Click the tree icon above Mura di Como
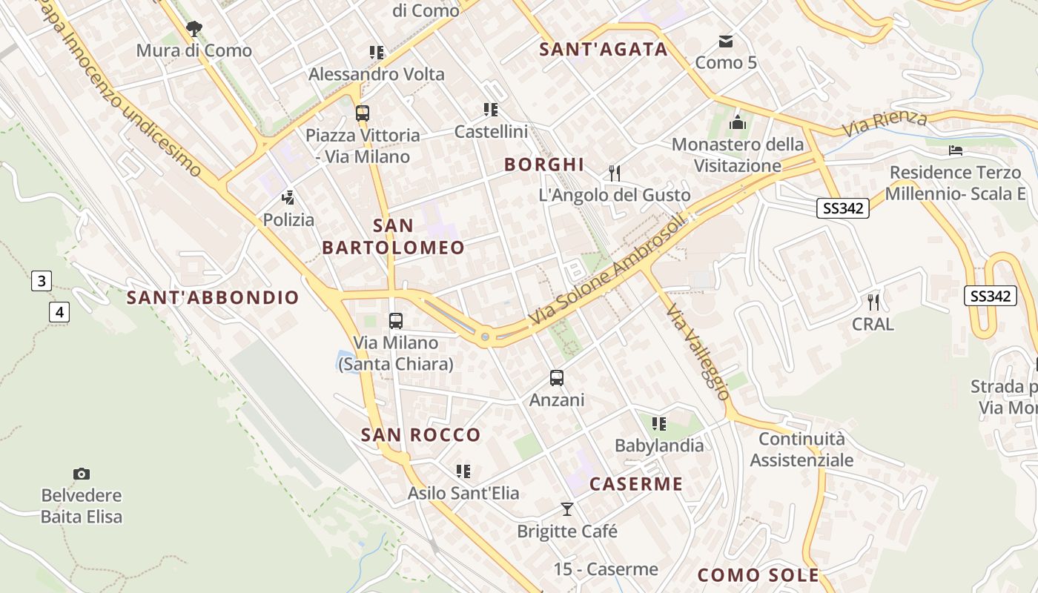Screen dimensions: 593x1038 194,29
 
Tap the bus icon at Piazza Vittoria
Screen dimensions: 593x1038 362,113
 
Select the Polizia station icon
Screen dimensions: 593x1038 288,198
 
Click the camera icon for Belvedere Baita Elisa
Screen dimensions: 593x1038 82,474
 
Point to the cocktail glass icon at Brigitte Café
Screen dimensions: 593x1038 567,509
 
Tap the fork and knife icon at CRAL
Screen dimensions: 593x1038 873,302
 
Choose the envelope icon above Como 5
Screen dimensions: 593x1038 725,41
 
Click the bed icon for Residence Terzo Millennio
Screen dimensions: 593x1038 956,150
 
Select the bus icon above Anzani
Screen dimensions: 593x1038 557,378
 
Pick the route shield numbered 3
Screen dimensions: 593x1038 42,281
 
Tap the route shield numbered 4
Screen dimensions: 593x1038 59,312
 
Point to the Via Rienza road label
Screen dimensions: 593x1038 885,124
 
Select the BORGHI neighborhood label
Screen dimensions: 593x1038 544,165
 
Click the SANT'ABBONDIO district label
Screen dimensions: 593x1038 213,298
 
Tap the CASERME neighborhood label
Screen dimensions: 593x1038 635,484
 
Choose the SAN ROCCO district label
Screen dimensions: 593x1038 420,434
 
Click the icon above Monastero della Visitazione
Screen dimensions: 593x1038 738,122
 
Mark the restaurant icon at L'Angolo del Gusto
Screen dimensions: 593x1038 614,173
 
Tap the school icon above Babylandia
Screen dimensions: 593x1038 658,424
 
